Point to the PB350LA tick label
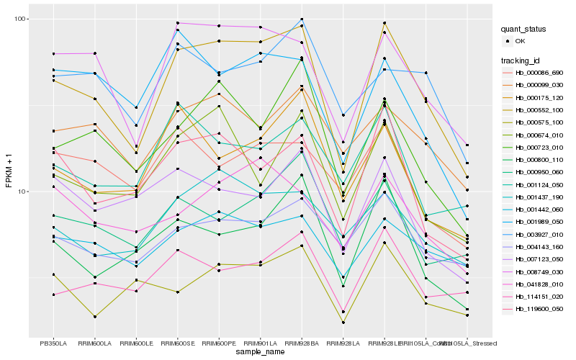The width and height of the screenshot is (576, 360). click(53, 343)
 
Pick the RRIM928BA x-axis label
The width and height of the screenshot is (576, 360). click(302, 343)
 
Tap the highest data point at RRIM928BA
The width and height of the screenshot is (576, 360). click(302, 19)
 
